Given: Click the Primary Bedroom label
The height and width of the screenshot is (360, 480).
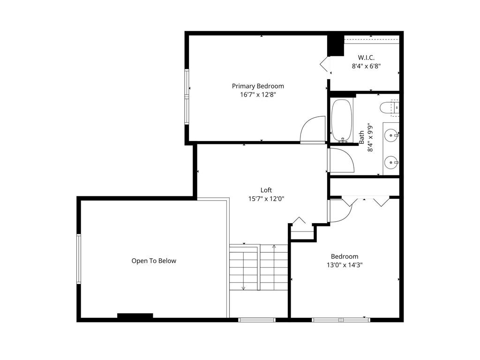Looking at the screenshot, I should [258, 86].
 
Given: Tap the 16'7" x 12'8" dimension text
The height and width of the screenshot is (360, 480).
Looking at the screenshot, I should [258, 94].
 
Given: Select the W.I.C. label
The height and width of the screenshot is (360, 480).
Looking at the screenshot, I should [366, 58].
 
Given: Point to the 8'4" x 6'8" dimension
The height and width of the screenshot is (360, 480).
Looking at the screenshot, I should [366, 66].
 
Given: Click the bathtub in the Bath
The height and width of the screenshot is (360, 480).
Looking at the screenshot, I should [341, 120].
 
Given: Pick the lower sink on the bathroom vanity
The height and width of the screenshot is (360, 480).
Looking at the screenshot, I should [391, 163].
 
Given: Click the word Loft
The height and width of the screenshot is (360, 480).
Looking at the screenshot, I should [266, 190].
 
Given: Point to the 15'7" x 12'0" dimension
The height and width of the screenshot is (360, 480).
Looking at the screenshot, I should [266, 198].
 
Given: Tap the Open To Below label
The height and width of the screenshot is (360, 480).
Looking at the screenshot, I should [154, 261].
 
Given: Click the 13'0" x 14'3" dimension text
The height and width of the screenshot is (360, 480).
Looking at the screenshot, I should [345, 265].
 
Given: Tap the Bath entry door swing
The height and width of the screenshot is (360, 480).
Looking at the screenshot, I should [341, 160].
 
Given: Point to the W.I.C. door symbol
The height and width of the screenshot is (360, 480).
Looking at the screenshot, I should [325, 64].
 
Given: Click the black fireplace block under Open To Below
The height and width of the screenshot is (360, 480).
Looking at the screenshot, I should [135, 316].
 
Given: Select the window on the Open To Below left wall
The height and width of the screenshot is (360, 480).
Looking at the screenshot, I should [79, 259].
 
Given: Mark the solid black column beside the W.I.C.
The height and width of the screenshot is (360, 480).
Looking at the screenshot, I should [336, 45].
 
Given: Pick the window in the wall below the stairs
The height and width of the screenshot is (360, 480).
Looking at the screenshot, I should [256, 320].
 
